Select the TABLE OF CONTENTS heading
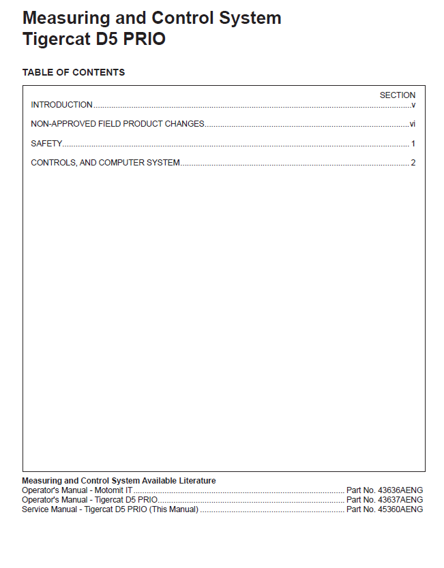(74, 72)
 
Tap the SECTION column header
(397, 95)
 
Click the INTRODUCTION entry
(61, 105)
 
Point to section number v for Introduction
(413, 105)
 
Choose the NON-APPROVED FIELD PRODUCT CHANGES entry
(117, 124)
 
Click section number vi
(412, 124)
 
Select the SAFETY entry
(46, 144)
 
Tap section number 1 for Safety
(413, 144)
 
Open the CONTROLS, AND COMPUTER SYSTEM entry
(105, 163)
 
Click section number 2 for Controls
(413, 163)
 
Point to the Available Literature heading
(119, 481)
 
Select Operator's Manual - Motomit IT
(77, 490)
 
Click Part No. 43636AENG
(385, 490)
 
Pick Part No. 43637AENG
(385, 500)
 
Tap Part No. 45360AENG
(385, 509)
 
